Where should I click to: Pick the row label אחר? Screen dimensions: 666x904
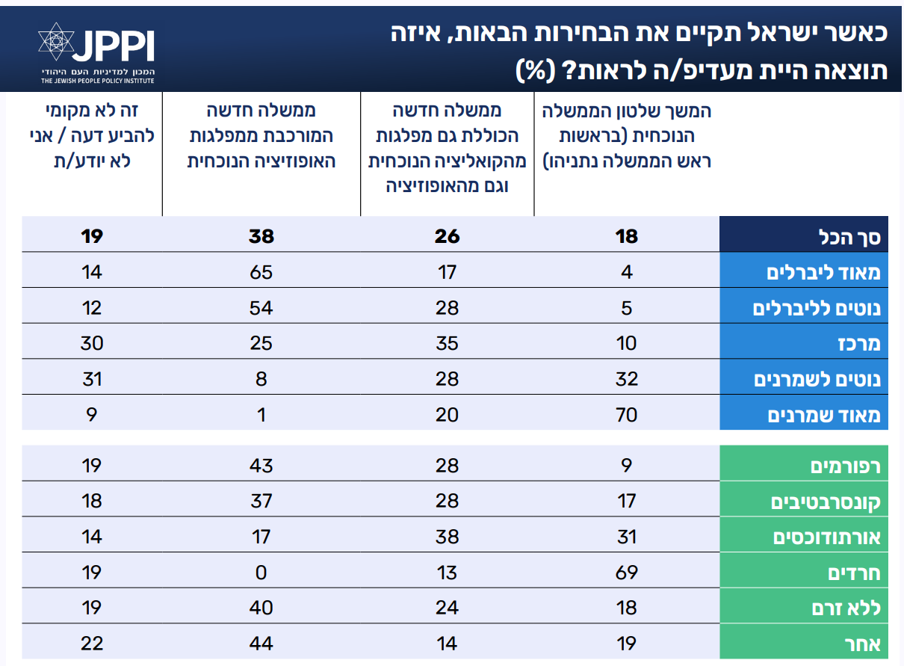[x=865, y=644]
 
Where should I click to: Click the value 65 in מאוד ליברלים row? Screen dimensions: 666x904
[x=261, y=272]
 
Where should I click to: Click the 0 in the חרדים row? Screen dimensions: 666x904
[x=261, y=573]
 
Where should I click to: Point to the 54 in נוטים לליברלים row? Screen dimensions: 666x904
[x=261, y=308]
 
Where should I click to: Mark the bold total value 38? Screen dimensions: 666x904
[x=261, y=237]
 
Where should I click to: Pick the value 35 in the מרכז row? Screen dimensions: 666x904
[x=447, y=344]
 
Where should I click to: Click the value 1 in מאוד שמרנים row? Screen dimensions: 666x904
[x=261, y=415]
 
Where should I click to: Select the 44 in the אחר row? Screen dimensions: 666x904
[x=261, y=644]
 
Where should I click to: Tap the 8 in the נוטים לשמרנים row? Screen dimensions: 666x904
[x=261, y=380]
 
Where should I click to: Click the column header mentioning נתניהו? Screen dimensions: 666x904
[x=626, y=136]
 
